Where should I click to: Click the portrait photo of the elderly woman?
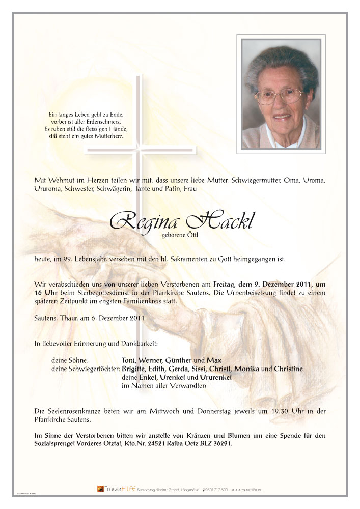[281, 93]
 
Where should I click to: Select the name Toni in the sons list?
[129, 360]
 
